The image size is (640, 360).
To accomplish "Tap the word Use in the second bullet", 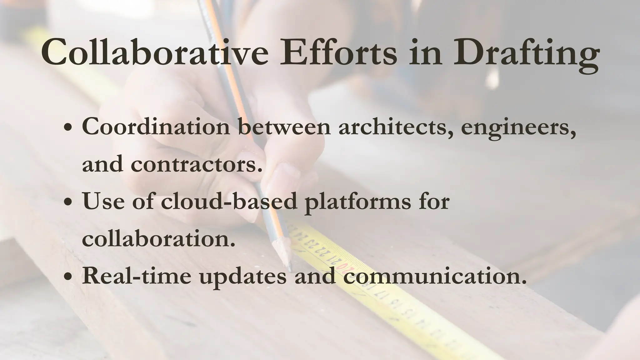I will [x=103, y=201].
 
